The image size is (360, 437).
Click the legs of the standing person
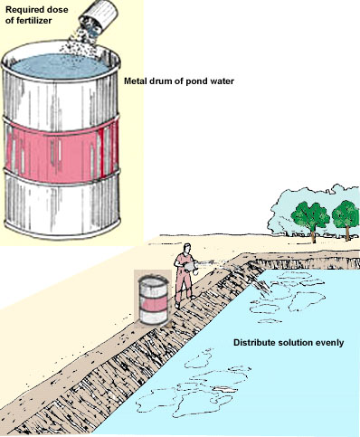pos(184,290)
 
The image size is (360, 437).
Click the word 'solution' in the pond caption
pos(299,343)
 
